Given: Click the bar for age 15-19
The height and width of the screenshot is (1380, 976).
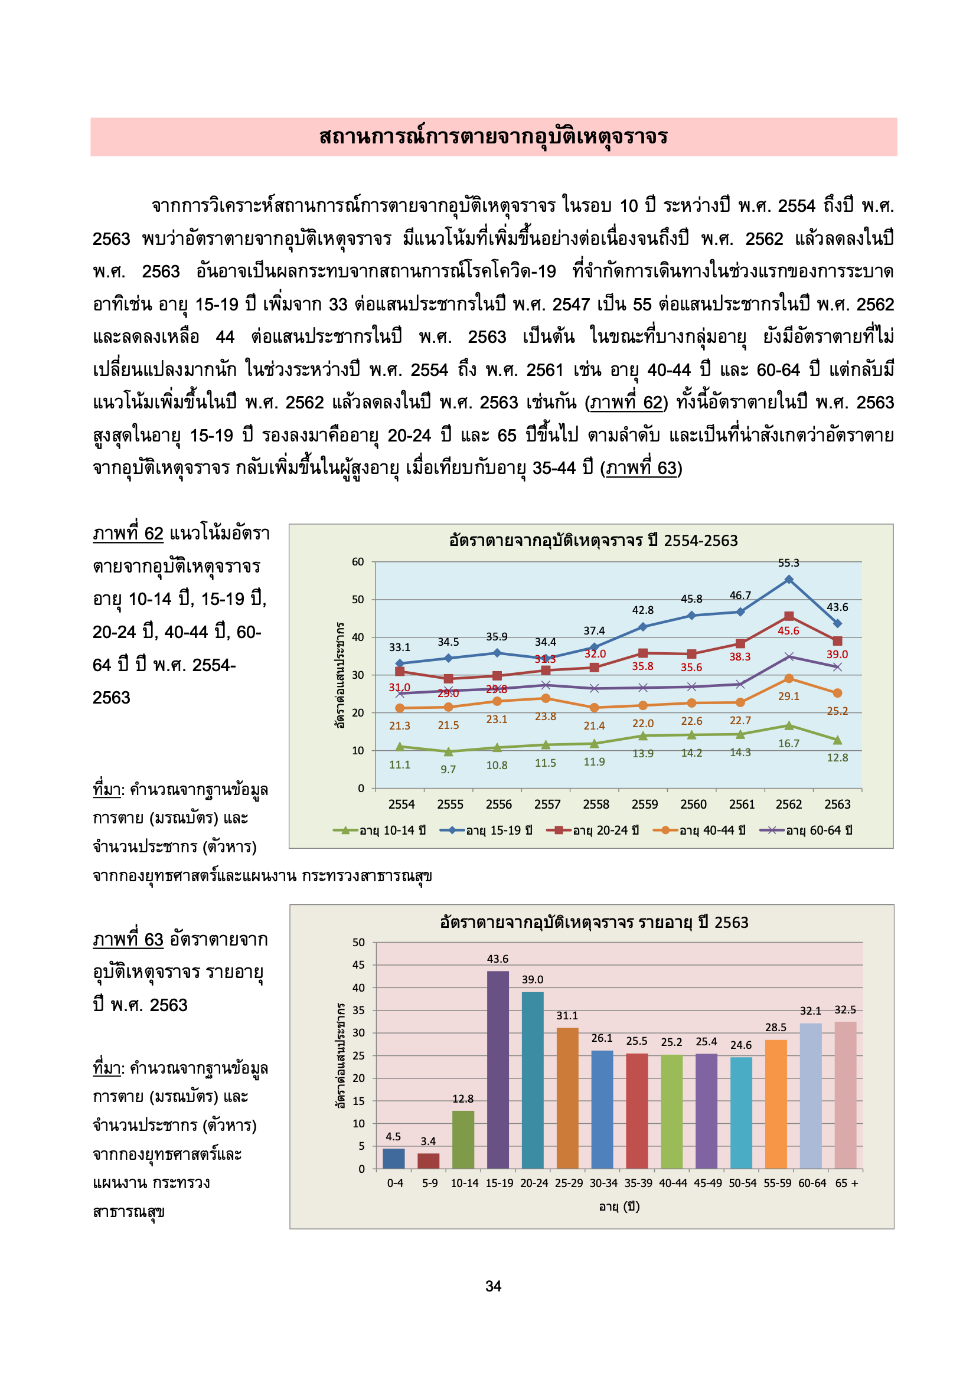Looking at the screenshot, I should click(x=497, y=1070).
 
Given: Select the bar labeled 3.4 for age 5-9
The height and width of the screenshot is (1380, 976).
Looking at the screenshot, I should click(x=428, y=1160).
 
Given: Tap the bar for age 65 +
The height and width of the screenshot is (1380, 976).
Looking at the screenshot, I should click(x=845, y=1094).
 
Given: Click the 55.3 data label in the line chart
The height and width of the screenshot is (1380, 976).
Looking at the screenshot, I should click(x=788, y=563).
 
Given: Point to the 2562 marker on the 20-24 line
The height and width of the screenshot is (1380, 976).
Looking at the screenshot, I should click(x=788, y=616).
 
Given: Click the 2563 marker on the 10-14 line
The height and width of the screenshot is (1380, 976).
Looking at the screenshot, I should click(x=837, y=740).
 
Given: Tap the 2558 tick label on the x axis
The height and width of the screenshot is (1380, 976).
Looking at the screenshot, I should click(x=595, y=804).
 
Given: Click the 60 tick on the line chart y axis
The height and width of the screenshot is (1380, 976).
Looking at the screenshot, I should click(x=358, y=562).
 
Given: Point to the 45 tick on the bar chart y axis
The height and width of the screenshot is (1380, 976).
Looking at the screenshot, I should click(x=358, y=964).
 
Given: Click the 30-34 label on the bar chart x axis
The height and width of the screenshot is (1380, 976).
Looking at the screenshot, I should click(x=603, y=1183).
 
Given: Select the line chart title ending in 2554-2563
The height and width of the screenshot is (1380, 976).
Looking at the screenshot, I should click(x=593, y=540).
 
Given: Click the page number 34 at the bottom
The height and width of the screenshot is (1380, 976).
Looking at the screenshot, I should click(x=493, y=1286).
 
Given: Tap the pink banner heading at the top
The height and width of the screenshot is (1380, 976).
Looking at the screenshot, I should click(x=493, y=136).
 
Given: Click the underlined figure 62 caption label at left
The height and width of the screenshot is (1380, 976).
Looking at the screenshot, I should click(x=128, y=534).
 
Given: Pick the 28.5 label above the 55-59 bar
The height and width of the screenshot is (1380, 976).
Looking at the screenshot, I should click(x=775, y=1027).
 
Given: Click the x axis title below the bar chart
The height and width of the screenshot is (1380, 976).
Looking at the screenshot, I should click(x=619, y=1206).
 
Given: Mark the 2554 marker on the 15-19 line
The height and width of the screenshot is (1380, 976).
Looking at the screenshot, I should click(x=399, y=663).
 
